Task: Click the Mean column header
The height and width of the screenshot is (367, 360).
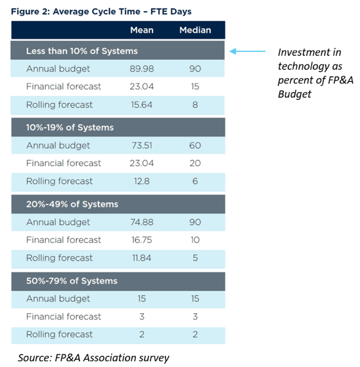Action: coord(142,30)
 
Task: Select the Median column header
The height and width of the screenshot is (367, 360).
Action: coord(195,30)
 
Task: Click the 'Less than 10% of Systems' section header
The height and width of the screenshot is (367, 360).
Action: coord(81,51)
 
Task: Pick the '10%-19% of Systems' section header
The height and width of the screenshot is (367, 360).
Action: coord(70,127)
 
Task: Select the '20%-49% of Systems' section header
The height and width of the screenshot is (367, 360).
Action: coord(72,204)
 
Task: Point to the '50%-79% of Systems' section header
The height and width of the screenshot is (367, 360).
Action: coord(72,281)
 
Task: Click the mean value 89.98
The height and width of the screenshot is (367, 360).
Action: coord(142,69)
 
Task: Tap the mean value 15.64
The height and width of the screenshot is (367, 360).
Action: coord(142,104)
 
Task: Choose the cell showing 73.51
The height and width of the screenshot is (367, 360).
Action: coord(142,146)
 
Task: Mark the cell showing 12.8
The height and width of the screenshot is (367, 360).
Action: coord(142,181)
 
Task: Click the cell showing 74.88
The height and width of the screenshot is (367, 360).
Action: coord(142,223)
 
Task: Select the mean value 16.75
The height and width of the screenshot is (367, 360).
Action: coord(142,240)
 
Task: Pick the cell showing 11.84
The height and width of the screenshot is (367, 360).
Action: coord(142,258)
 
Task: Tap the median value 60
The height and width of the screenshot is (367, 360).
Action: coord(195,146)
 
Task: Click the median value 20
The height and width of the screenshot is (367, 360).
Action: coord(195,163)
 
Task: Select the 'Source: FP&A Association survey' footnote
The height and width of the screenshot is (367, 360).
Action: coord(93,357)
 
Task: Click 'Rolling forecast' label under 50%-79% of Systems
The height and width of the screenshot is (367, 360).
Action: coord(59,335)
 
